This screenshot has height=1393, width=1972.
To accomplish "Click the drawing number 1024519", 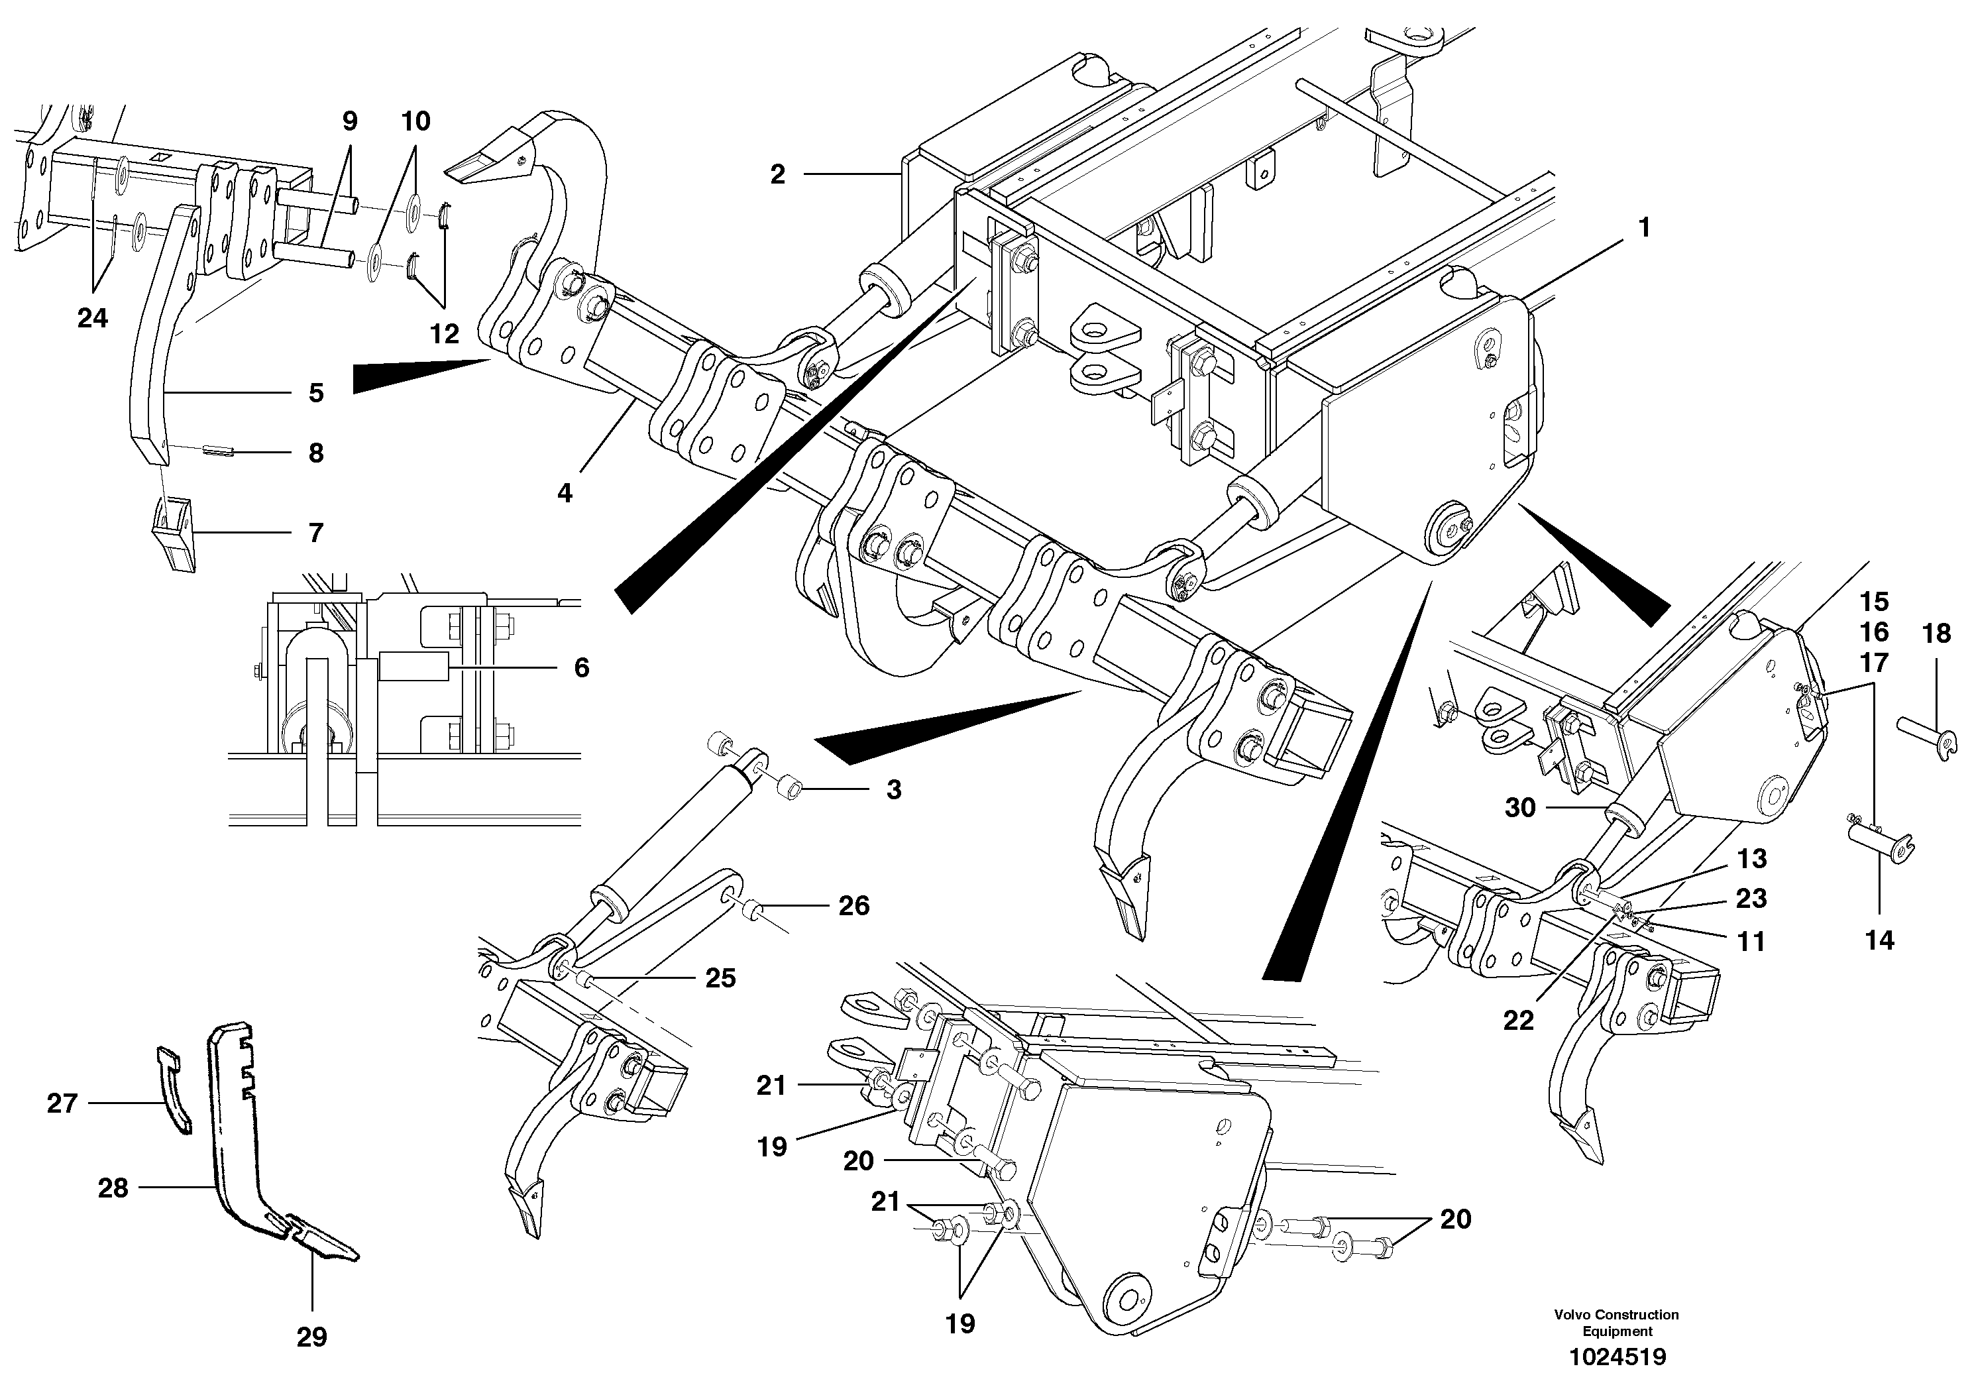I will tap(1617, 1357).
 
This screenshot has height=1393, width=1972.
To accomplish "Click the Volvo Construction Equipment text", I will tap(1616, 1323).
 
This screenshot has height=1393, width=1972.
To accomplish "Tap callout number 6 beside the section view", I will tap(582, 667).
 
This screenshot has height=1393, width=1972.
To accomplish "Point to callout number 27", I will tap(62, 1103).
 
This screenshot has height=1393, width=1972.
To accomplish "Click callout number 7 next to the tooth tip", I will tap(316, 532).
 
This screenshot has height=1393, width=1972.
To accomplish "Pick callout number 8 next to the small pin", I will tap(316, 453).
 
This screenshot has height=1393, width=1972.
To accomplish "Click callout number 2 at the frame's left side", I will tap(777, 175).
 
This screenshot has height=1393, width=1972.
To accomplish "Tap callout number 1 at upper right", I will tap(1644, 229).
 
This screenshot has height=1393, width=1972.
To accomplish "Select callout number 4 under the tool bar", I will tap(565, 493).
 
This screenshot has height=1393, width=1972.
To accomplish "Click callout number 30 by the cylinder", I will tap(1520, 808).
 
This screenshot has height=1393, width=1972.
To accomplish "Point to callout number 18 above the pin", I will tap(1936, 634).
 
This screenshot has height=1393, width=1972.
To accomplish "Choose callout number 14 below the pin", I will tap(1879, 940).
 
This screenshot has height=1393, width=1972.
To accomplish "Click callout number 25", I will tap(720, 978).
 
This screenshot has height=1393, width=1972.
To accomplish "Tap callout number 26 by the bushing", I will tap(853, 906).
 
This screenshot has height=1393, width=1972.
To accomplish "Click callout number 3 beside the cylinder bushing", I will tap(893, 790).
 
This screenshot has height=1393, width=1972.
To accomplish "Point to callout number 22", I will tap(1517, 1021).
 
